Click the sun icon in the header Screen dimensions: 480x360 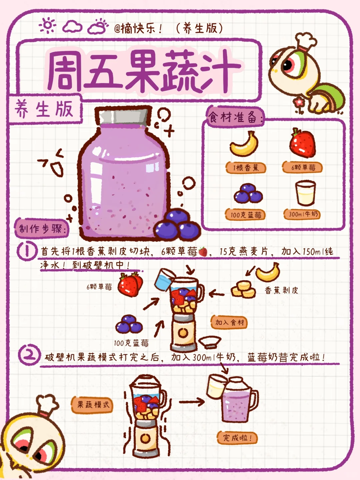48,26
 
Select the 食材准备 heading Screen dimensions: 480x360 235,117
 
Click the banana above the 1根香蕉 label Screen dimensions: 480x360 245,144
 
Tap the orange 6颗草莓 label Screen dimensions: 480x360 303,167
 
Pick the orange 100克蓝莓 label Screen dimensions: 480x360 246,215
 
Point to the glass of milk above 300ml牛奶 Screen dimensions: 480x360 305,193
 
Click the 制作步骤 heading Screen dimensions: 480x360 41,229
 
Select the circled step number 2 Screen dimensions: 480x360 29,355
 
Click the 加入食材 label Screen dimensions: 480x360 229,322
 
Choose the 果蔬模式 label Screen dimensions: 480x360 93,405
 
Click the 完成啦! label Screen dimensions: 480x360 237,438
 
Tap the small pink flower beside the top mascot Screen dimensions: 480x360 299,102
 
